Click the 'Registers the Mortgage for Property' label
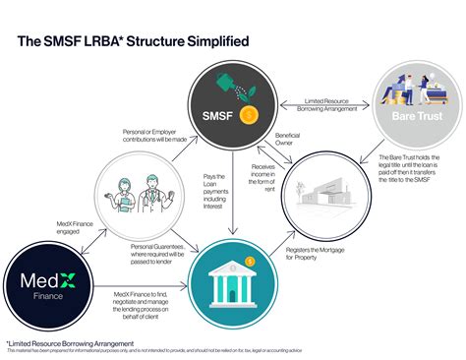pos(315,254)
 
